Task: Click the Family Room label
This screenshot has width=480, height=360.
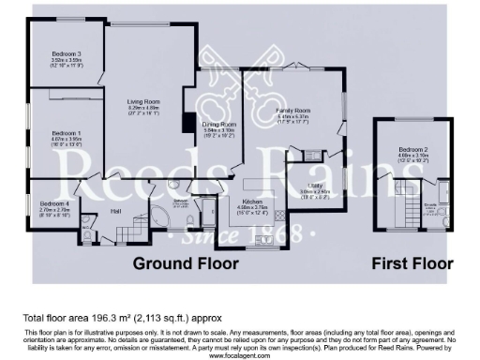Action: (x=292, y=111)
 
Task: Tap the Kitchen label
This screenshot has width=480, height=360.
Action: (x=251, y=202)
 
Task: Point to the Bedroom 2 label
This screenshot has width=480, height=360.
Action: (x=412, y=150)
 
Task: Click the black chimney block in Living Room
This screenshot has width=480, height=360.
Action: (x=187, y=123)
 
